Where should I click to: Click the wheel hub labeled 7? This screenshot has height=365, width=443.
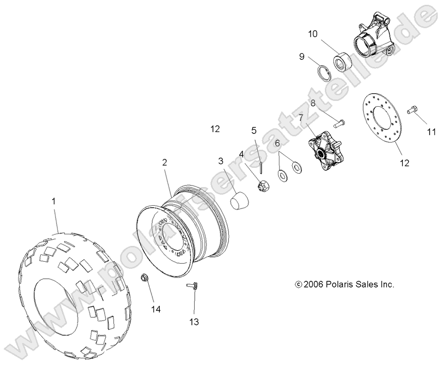click(321, 149)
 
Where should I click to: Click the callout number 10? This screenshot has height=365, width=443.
click(312, 34)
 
